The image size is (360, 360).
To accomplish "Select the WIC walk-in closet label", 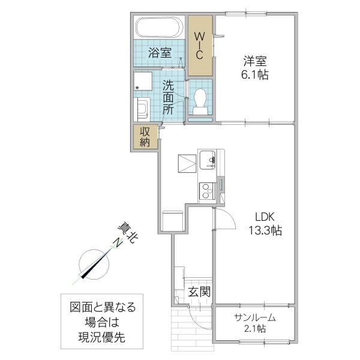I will [200, 45].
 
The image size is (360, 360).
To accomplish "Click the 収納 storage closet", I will [146, 137].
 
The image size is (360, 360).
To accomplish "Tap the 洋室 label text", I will [254, 61].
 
